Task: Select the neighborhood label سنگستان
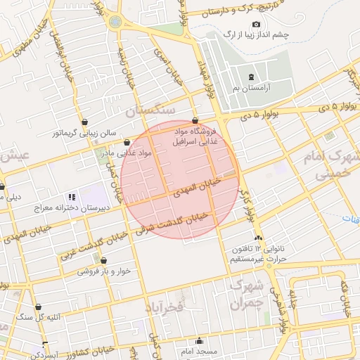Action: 149,111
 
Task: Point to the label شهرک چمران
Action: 246,295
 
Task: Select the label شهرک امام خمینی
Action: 330,164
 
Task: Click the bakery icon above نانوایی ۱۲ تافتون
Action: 259,238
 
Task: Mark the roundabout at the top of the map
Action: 115,21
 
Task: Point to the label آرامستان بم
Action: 251,89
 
